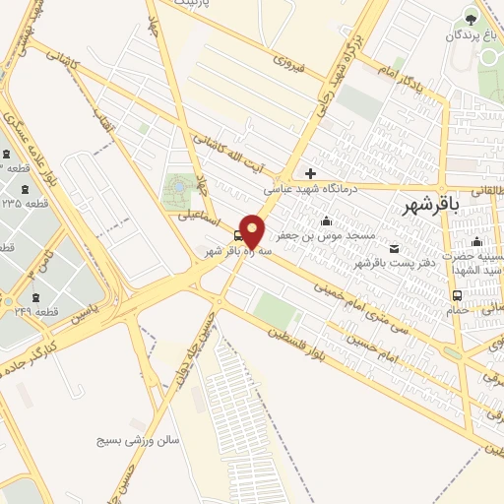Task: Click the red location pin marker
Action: [x=253, y=231]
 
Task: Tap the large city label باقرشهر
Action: [x=431, y=205]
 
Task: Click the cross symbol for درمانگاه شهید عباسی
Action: [x=311, y=173]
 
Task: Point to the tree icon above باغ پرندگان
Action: [x=471, y=17]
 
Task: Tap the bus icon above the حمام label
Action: [x=457, y=295]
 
